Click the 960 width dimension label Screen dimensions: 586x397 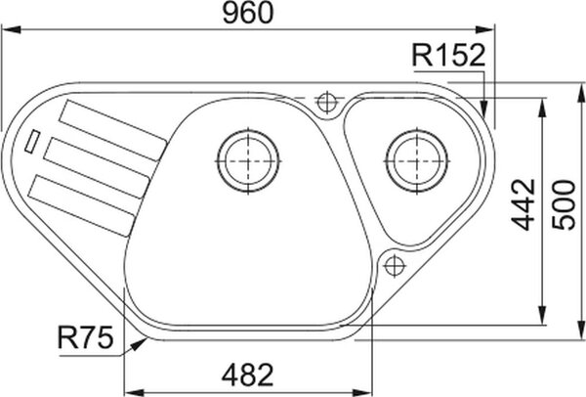tap(248, 13)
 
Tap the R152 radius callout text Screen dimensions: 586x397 tap(448, 56)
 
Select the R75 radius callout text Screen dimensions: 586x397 tap(85, 337)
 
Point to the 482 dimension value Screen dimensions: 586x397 tap(247, 375)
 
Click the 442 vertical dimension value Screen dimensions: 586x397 tap(523, 204)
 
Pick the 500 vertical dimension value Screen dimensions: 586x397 tap(564, 204)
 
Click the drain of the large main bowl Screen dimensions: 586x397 tap(248, 161)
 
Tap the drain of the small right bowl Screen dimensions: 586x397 tap(417, 161)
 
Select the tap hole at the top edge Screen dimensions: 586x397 tap(327, 102)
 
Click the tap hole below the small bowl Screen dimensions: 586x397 tap(395, 266)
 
